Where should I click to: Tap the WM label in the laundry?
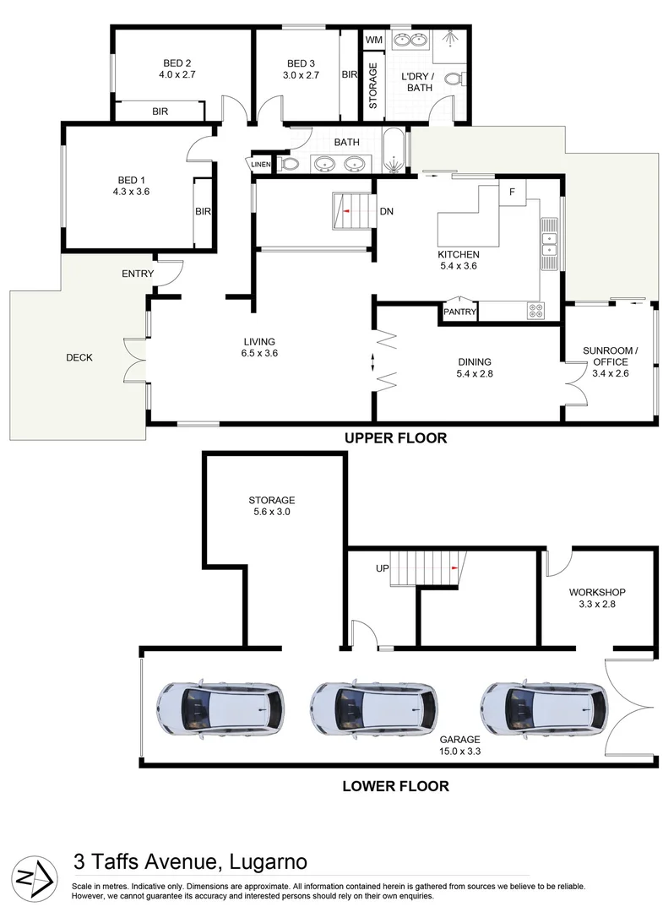click(372, 41)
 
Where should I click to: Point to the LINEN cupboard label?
click(260, 164)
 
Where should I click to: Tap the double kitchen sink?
click(550, 246)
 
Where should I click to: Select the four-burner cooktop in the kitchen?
click(535, 310)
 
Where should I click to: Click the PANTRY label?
click(459, 313)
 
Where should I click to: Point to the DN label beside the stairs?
click(386, 211)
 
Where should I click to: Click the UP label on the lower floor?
click(381, 569)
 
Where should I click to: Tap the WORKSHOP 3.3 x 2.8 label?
click(596, 598)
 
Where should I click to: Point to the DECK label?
click(79, 357)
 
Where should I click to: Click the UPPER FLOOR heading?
click(394, 438)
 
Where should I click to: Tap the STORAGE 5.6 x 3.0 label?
click(271, 505)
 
